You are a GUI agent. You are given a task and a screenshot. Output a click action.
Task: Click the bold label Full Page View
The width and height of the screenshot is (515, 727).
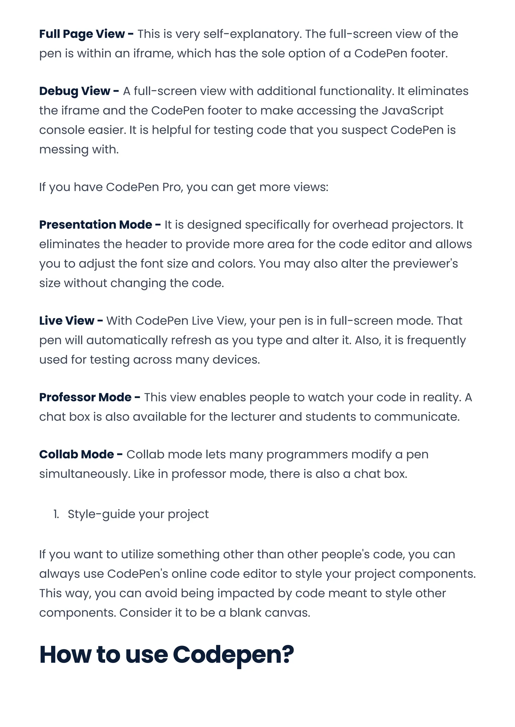[x=82, y=34]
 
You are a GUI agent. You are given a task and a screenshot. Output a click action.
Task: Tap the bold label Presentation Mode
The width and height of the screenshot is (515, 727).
[x=96, y=225]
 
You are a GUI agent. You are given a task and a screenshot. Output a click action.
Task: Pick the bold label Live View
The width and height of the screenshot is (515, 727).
[x=67, y=321]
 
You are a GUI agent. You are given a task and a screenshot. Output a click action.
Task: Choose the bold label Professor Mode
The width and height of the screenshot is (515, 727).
[x=85, y=397]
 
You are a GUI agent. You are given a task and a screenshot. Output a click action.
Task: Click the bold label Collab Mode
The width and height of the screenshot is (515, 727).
[x=76, y=454]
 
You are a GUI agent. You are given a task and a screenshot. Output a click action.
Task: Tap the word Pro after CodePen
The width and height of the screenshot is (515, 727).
[x=172, y=187]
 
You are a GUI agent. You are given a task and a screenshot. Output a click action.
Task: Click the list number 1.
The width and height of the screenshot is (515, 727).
[x=56, y=514]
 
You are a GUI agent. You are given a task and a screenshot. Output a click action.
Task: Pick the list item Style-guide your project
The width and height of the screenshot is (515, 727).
[x=138, y=514]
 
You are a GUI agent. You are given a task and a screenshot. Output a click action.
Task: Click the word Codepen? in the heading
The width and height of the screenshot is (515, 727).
[x=233, y=654]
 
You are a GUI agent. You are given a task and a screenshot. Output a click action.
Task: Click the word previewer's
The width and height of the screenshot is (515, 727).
[x=425, y=264]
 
